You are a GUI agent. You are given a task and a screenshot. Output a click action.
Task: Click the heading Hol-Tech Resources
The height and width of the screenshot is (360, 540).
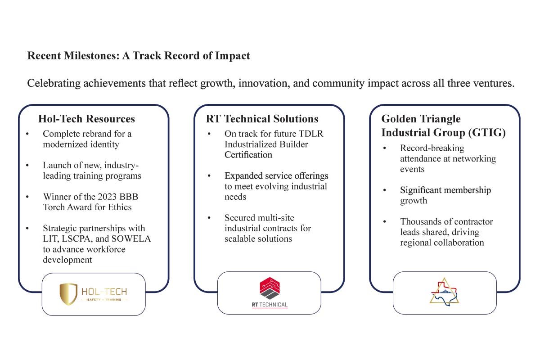(86, 119)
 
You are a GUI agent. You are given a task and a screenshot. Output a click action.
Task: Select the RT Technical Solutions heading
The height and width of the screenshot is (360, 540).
(262, 119)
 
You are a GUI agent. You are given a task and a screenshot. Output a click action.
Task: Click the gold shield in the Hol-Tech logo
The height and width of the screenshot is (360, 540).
(68, 294)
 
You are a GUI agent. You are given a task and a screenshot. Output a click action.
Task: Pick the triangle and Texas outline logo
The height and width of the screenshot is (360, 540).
(444, 292)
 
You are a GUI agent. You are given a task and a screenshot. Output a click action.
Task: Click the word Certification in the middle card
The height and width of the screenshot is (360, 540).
(248, 155)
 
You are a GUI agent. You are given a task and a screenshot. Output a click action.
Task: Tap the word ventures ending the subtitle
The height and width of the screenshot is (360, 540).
(495, 84)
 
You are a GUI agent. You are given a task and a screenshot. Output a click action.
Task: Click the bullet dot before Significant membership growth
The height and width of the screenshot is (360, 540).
(384, 190)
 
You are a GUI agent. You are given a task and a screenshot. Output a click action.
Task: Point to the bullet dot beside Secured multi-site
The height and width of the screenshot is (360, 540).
(209, 218)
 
